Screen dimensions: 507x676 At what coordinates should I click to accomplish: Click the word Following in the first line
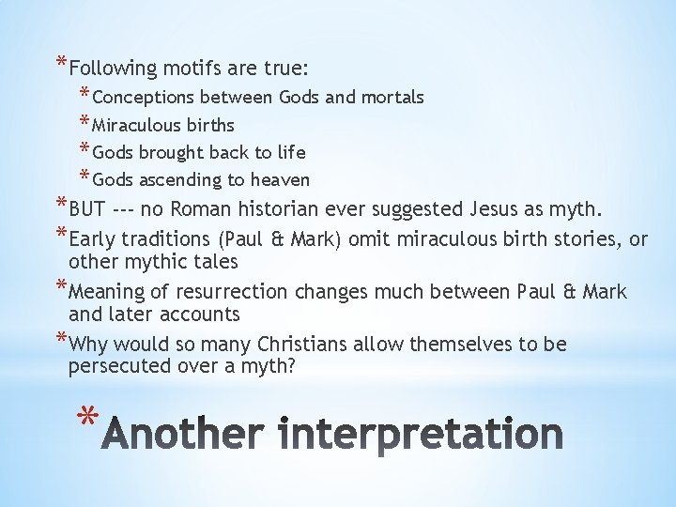click(x=113, y=69)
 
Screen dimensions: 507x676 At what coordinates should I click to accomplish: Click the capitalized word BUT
click(x=86, y=207)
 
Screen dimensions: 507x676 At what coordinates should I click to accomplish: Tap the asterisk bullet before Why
click(x=61, y=340)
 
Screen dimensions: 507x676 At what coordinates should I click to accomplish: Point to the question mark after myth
click(x=291, y=366)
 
